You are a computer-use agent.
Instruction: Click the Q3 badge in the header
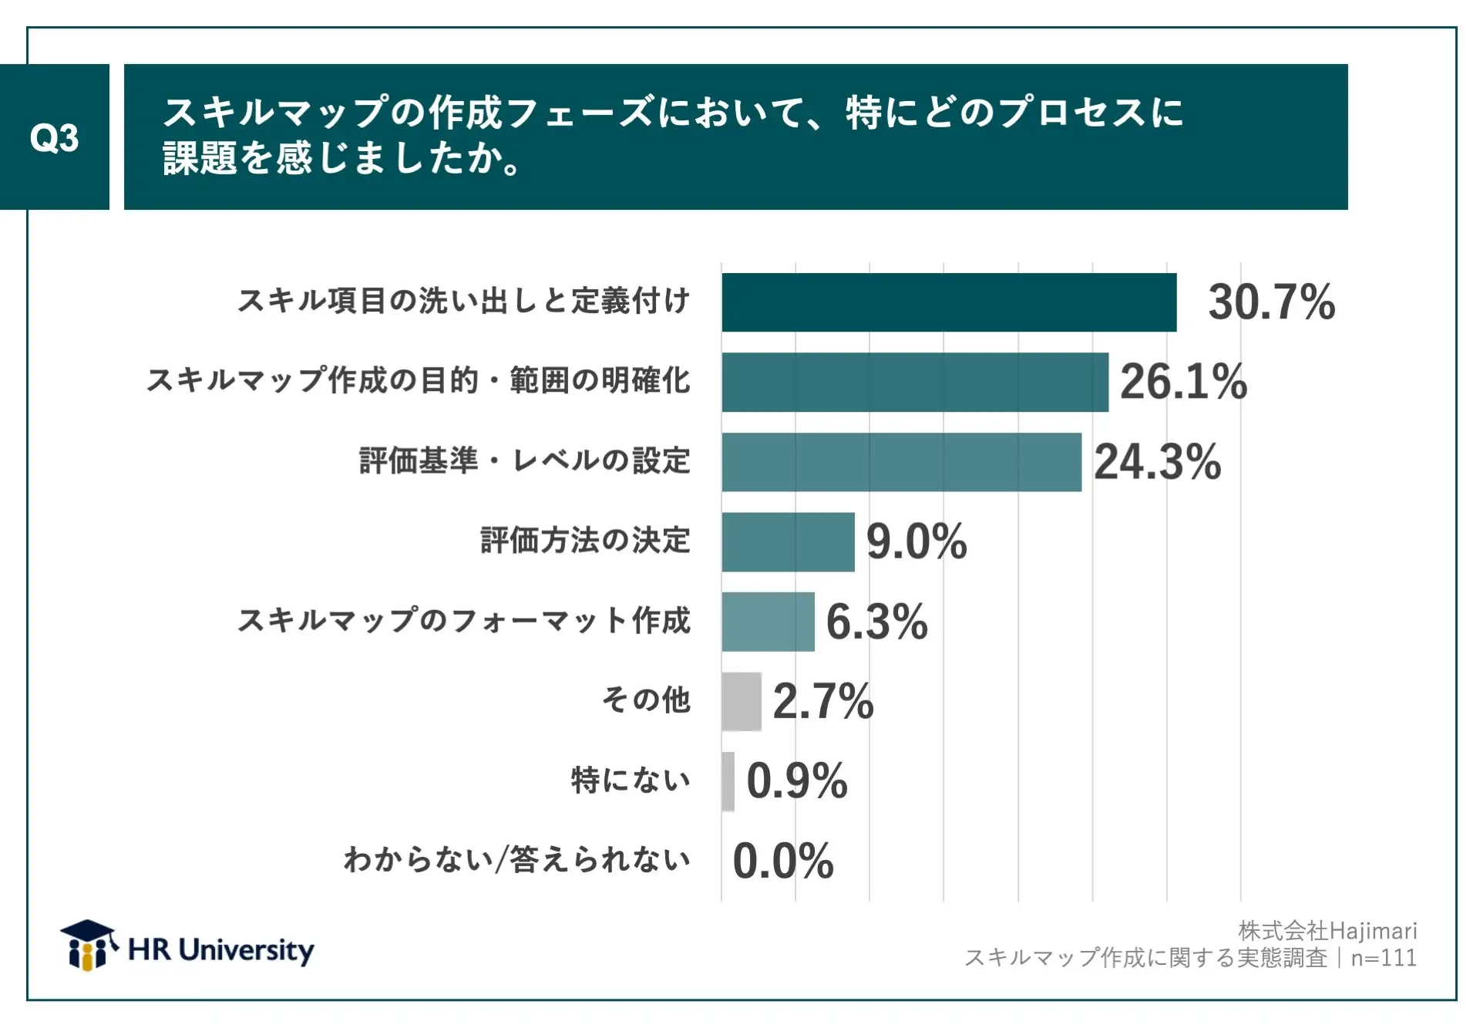click(54, 137)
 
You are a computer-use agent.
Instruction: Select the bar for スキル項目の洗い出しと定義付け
click(948, 302)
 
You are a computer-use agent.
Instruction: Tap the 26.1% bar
click(914, 382)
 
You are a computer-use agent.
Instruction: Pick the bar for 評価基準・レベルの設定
click(901, 462)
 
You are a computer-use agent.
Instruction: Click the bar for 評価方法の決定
click(788, 541)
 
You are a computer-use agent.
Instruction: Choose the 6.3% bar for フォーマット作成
click(768, 622)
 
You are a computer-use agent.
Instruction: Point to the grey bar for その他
click(742, 701)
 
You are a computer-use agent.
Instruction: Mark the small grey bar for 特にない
click(728, 781)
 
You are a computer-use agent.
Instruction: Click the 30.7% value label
click(1271, 302)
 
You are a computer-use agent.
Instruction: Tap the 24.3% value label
click(1157, 462)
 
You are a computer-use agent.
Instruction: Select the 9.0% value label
click(917, 541)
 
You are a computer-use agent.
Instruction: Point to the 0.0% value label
click(783, 861)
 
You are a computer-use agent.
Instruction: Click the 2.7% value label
click(822, 701)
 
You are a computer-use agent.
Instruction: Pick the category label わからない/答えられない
click(516, 859)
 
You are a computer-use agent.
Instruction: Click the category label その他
click(646, 700)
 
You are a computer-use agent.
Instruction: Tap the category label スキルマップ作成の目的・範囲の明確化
click(418, 380)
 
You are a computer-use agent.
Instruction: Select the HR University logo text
click(221, 950)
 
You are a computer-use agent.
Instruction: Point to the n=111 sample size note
click(1384, 958)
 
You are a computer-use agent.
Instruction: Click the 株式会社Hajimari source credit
click(1327, 931)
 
